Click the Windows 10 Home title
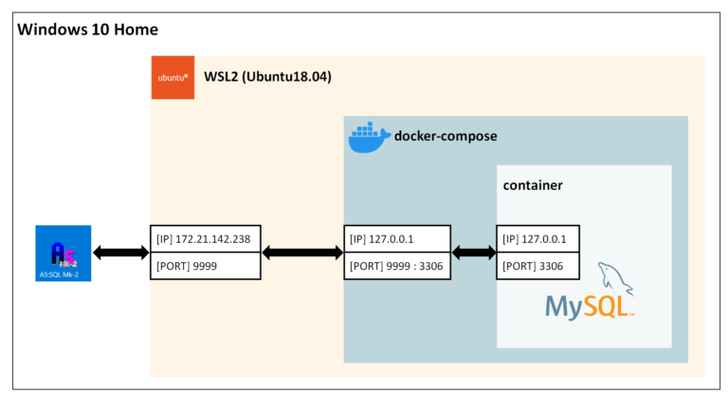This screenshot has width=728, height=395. pyautogui.click(x=88, y=29)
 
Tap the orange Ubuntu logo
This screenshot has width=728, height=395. pyautogui.click(x=173, y=77)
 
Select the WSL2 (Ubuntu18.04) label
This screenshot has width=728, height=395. pyautogui.click(x=267, y=76)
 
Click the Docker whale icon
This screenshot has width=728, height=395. pyautogui.click(x=368, y=138)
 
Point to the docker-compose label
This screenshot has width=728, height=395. pyautogui.click(x=446, y=137)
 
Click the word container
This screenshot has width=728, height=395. pyautogui.click(x=533, y=184)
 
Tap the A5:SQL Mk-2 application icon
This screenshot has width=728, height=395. pyautogui.click(x=63, y=253)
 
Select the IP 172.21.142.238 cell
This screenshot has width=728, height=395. pyautogui.click(x=205, y=239)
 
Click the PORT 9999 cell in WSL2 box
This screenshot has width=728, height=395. pyautogui.click(x=205, y=266)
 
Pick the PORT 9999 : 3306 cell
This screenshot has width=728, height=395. pyautogui.click(x=397, y=266)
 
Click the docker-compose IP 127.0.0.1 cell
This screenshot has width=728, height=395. pyautogui.click(x=397, y=239)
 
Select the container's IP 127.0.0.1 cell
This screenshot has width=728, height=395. pyautogui.click(x=538, y=239)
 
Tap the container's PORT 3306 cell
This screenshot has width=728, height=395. pyautogui.click(x=538, y=266)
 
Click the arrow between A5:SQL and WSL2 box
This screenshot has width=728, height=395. pyautogui.click(x=120, y=253)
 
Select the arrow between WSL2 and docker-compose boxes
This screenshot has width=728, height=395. pyautogui.click(x=301, y=253)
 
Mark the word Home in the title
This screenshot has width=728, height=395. pyautogui.click(x=136, y=29)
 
